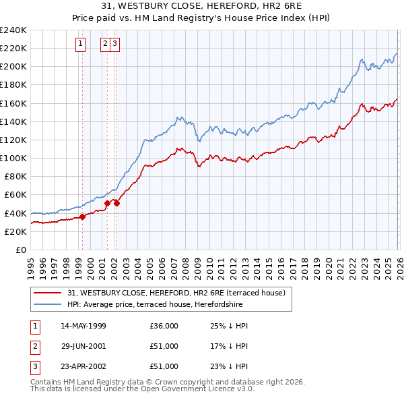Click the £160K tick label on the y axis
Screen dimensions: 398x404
point(13,103)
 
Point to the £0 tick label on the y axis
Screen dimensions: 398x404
point(20,250)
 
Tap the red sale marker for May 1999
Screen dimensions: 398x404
point(82,217)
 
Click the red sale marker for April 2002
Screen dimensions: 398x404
point(116,203)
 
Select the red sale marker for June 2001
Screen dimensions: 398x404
point(107,202)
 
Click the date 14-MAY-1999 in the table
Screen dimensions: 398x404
point(83,326)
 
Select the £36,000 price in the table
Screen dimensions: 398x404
point(164,326)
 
